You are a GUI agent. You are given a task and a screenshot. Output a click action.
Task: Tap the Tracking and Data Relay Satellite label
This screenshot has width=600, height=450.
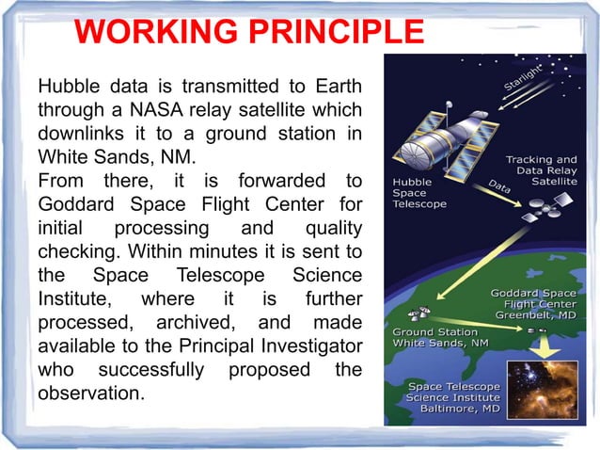click(542, 172)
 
